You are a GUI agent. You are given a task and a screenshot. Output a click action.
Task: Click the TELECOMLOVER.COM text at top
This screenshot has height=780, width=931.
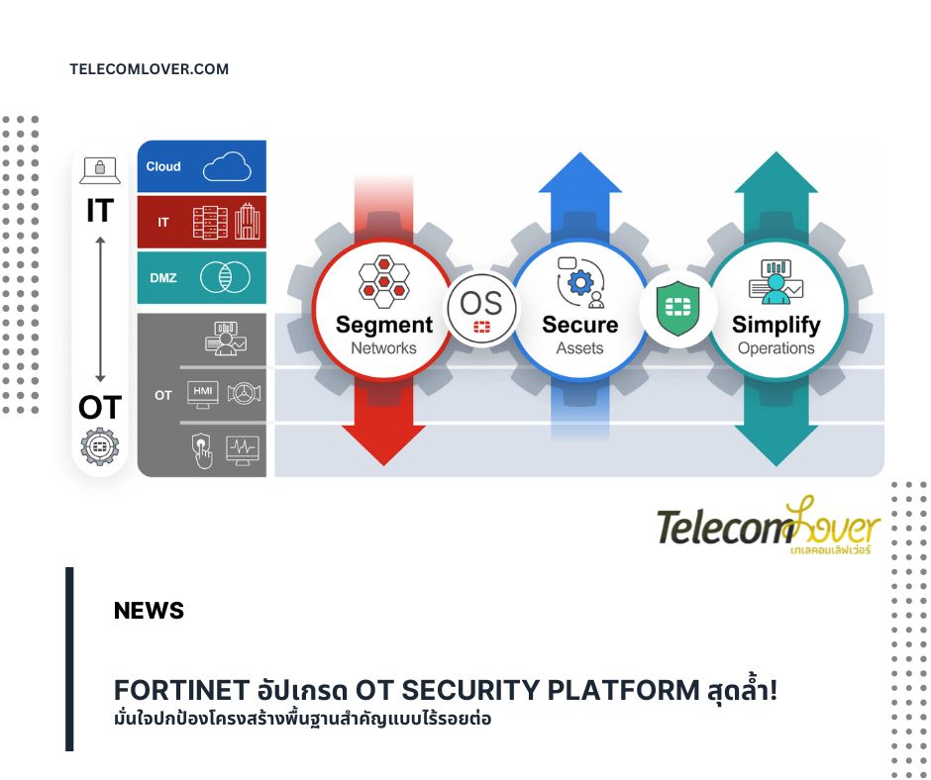coord(149,69)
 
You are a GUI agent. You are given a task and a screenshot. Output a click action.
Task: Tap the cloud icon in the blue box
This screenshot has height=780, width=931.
coord(227,166)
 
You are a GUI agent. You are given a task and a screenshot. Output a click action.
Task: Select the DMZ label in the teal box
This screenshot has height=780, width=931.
coord(163,278)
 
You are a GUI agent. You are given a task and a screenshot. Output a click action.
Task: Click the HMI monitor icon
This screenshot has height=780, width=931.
coord(202,394)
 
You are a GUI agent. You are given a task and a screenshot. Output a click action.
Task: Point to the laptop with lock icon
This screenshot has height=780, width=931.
coord(100,171)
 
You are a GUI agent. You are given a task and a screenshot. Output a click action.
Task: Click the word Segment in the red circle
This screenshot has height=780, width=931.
coord(384,325)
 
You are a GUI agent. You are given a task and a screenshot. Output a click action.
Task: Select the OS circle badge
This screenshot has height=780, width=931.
coord(481,309)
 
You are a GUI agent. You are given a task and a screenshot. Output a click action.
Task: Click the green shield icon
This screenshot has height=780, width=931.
coord(678,308)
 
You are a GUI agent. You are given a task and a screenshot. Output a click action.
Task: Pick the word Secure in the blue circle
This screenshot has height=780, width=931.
coord(579,325)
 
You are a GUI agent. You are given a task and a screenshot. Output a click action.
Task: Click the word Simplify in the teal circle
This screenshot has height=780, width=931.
coord(776,325)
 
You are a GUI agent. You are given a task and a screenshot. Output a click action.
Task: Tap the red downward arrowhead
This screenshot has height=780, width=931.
coord(383,445)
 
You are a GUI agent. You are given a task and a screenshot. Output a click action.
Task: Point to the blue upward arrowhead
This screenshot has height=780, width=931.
coord(580,172)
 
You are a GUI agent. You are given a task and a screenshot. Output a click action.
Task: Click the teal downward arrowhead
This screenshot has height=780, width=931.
coord(776,445)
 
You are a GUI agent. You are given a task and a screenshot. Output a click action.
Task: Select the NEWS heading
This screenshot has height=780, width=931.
coord(149,610)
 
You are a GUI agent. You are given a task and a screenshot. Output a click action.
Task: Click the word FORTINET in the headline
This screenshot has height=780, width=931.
coord(181,690)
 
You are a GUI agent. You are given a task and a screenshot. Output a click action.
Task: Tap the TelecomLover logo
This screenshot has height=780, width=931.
coord(769,525)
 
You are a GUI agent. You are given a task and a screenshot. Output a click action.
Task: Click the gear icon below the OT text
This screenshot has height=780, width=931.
coord(100,446)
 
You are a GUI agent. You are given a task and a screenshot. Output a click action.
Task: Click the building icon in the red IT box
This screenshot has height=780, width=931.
coord(247,221)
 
